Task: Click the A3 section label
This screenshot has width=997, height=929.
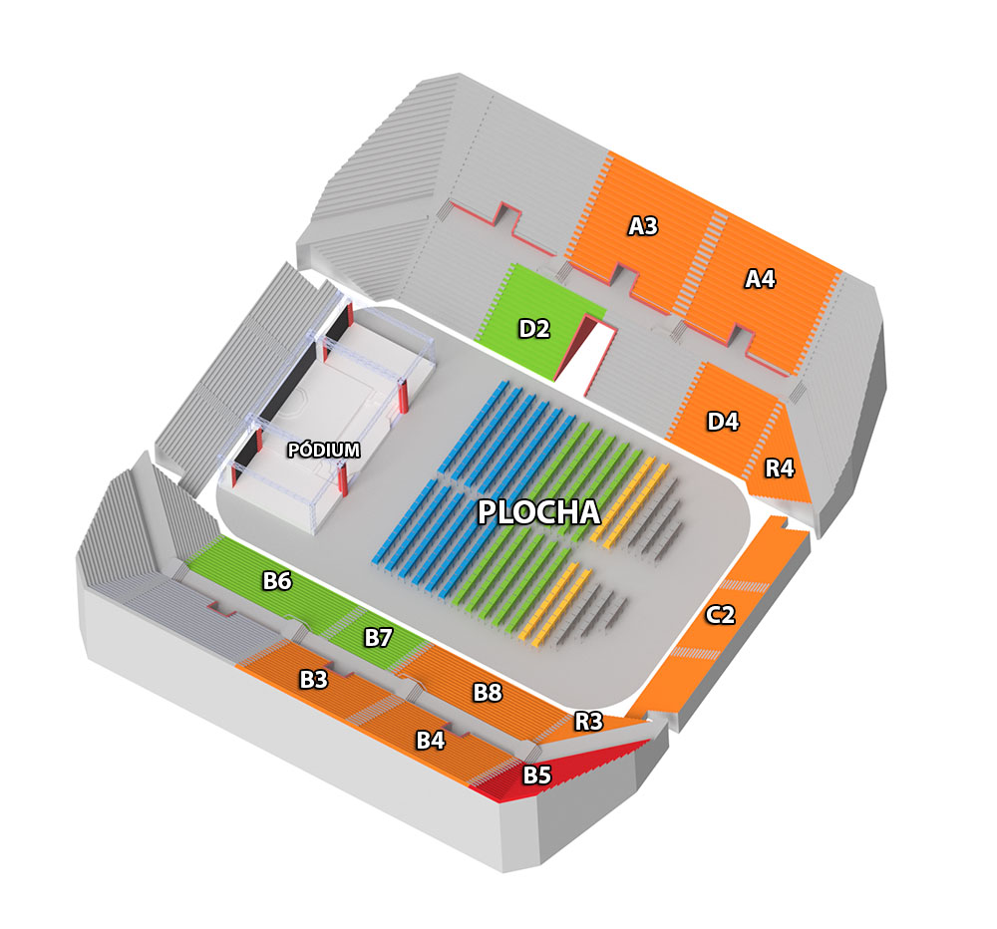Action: (643, 225)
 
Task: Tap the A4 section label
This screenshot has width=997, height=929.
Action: (760, 278)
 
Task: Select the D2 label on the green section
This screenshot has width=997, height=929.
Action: (534, 329)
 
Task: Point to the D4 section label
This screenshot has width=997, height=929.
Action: (723, 421)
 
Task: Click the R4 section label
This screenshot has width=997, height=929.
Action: (780, 468)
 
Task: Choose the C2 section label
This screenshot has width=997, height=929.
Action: (721, 614)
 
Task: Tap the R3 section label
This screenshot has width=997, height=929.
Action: (589, 721)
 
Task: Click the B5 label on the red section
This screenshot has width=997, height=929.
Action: (536, 775)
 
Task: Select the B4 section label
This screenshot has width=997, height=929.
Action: (431, 741)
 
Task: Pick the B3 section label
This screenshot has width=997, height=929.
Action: (313, 679)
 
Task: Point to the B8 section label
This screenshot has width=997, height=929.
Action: (488, 692)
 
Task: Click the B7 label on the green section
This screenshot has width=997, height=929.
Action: (378, 637)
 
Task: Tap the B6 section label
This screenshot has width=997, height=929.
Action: (277, 580)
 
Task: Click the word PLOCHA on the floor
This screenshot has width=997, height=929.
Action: (539, 512)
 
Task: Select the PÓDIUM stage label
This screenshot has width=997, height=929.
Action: (324, 451)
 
